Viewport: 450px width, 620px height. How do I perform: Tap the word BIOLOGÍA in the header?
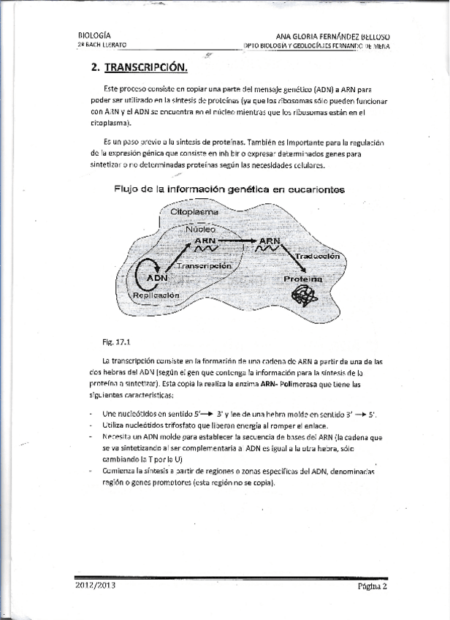click(x=94, y=34)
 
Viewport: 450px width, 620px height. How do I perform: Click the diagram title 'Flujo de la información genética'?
click(x=229, y=189)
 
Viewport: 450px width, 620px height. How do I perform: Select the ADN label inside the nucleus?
click(x=156, y=278)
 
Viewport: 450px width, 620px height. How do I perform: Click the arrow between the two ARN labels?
click(x=238, y=240)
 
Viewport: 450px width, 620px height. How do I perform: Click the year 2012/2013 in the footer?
click(x=95, y=585)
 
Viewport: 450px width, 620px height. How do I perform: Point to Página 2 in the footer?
click(x=372, y=586)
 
